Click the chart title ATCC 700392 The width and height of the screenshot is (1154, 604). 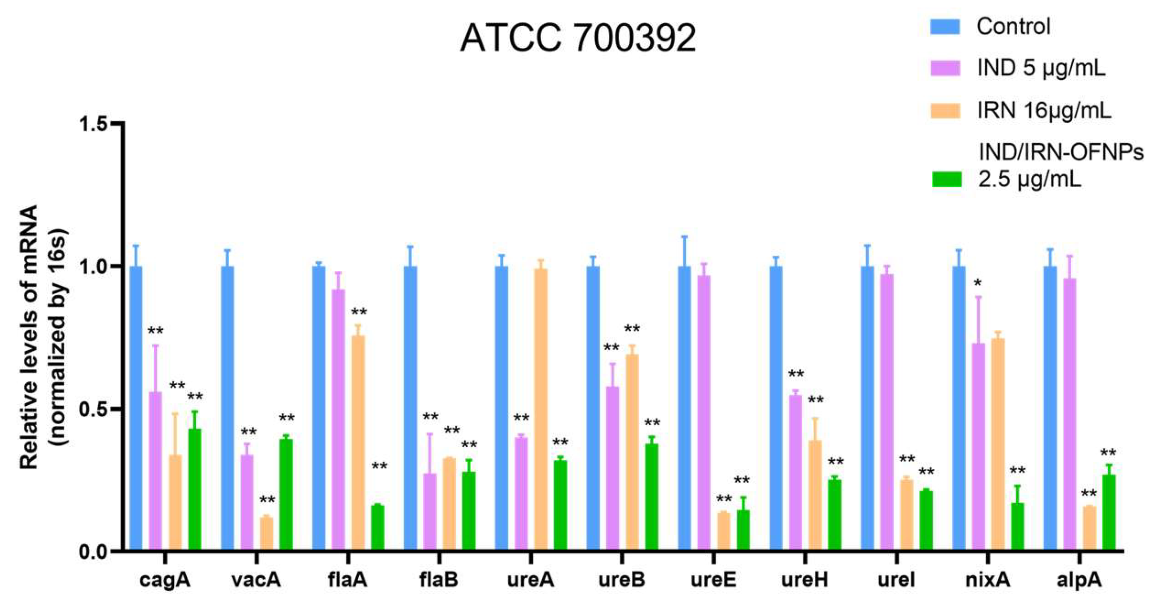[578, 38]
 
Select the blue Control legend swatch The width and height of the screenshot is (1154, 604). [945, 26]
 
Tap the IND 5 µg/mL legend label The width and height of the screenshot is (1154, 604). [1041, 68]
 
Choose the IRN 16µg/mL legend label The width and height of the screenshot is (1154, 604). [1044, 111]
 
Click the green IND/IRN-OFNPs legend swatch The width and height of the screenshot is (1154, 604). [947, 179]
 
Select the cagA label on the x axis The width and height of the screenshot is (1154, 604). [165, 580]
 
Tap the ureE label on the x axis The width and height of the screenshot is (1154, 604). [713, 580]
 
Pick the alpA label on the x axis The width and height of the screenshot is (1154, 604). [1079, 580]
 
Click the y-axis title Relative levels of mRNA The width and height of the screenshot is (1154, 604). [29, 336]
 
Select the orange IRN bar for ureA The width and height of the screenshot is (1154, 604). [541, 409]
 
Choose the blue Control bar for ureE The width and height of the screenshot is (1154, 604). [684, 409]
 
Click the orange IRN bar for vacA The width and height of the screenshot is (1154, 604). [267, 534]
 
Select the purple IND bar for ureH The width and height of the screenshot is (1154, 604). [795, 472]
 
